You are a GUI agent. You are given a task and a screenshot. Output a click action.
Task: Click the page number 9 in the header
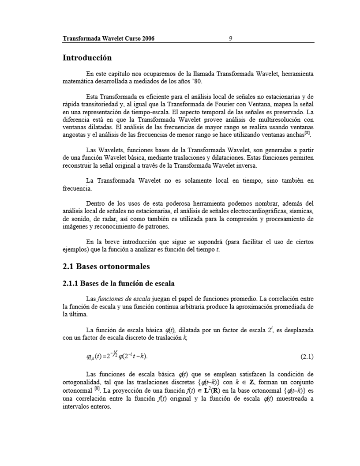click(231, 38)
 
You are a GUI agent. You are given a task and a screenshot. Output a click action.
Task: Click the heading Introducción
click(87, 58)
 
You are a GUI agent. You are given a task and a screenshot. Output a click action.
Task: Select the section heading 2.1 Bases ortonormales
click(106, 267)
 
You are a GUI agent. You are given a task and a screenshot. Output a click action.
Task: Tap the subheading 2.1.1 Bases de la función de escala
click(121, 283)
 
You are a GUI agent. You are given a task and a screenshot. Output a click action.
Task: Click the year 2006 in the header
click(148, 38)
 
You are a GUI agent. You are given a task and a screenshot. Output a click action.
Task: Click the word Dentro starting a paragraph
click(95, 203)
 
